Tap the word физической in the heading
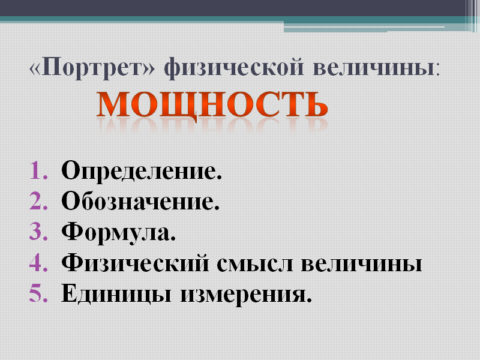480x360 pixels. coord(234,68)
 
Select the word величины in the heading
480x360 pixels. coord(373,67)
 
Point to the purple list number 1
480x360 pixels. coord(39,170)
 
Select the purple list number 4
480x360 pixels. coord(39,262)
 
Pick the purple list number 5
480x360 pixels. coord(39,293)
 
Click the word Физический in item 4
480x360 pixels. coord(135,262)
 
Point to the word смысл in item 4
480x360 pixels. coord(254,264)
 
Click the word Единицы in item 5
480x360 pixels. coord(116,294)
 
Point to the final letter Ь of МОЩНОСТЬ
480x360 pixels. coord(316,104)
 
